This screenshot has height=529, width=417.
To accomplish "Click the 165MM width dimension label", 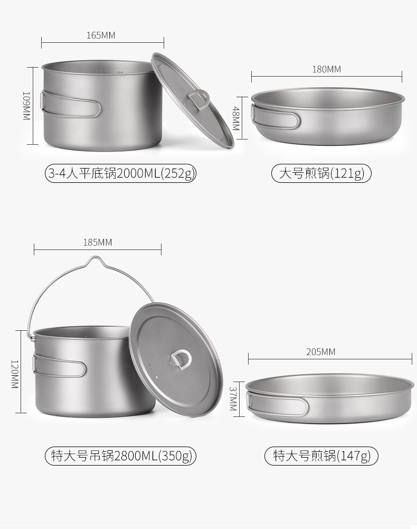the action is pos(101,35).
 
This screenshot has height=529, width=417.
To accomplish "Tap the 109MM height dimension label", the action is pos(26,106).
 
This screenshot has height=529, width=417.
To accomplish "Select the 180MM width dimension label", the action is pos(326,70).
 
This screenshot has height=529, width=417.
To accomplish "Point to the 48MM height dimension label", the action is pos(236,118).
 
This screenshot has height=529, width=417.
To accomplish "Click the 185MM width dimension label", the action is pos(98,243).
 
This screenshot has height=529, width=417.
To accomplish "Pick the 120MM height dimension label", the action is pos(14,374).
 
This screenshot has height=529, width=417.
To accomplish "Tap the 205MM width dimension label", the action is pos(320,352).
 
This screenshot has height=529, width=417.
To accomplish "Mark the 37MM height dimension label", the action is pos(233,399).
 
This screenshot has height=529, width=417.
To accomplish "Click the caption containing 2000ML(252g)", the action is pos(121,173).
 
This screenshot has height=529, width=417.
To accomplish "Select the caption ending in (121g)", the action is pos(321,173).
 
